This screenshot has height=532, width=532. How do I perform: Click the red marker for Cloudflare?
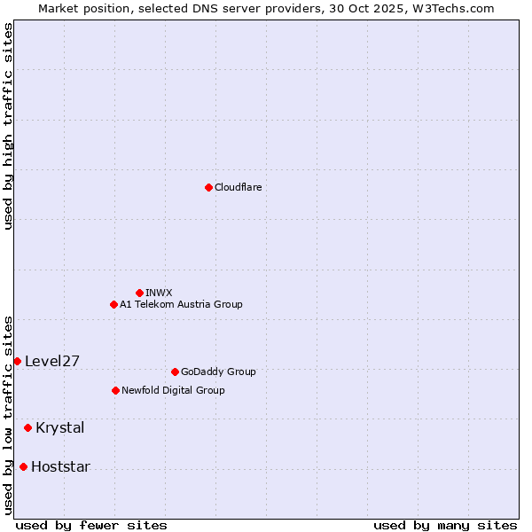[x=208, y=187]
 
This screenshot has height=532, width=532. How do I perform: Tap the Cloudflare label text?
[x=238, y=187]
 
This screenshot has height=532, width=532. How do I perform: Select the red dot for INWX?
[x=139, y=293]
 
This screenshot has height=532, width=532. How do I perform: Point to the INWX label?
[x=159, y=293]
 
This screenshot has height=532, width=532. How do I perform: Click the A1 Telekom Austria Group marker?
[x=113, y=304]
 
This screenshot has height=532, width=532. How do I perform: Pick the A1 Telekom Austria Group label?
[x=181, y=304]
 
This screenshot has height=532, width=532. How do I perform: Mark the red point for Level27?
[x=17, y=361]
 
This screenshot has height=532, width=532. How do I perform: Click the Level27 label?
[x=52, y=361]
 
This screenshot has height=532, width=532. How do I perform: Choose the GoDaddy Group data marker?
[x=175, y=372]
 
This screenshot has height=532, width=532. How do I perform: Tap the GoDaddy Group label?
[x=217, y=372]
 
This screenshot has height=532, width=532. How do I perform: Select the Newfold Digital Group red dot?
[x=115, y=390]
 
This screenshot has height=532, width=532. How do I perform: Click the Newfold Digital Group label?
[x=173, y=390]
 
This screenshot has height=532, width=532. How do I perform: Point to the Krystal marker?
[x=27, y=427]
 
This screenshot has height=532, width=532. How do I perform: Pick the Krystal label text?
[x=60, y=427]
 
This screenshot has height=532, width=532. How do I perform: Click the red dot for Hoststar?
[x=23, y=466]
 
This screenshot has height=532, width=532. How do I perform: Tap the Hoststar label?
[x=60, y=466]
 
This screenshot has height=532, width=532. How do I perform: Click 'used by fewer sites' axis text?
[x=91, y=525]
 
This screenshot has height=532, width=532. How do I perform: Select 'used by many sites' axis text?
[x=445, y=525]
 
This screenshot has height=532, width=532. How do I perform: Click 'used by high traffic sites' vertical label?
[x=9, y=126]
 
